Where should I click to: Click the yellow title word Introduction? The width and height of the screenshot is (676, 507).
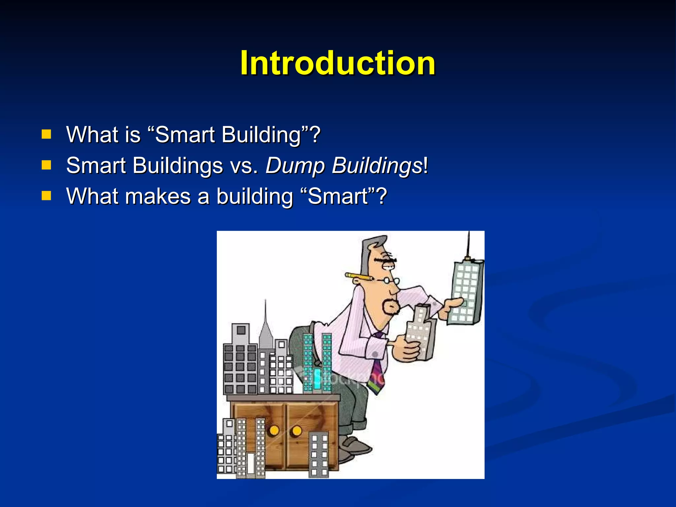pos(338,63)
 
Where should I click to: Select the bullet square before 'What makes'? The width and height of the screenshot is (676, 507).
pos(46,196)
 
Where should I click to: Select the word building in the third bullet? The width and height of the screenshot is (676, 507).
pos(254,196)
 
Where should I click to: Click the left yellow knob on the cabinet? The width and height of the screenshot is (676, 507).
pos(274,430)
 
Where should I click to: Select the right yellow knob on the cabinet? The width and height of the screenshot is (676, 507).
pos(297,431)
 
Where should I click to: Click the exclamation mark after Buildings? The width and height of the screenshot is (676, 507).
pos(425,165)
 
